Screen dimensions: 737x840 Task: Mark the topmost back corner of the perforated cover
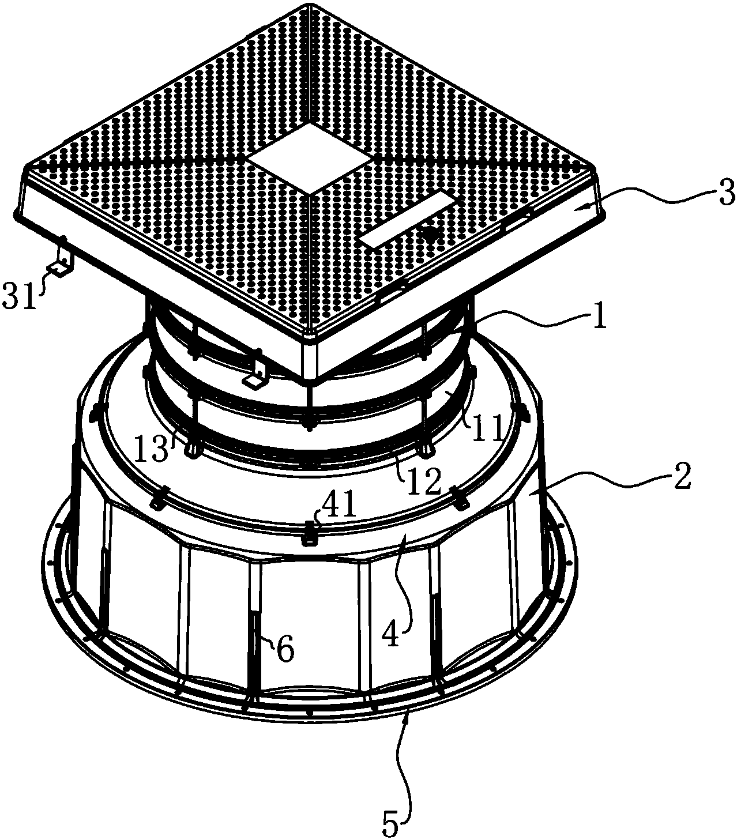click(x=310, y=5)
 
